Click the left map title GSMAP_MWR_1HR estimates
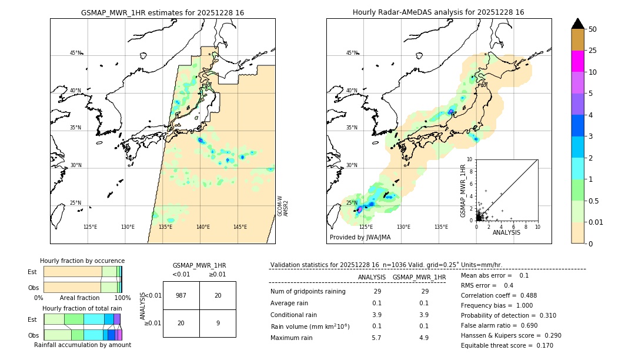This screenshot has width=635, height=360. pos(162,12)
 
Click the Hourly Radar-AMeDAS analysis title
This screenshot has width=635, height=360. pos(438,12)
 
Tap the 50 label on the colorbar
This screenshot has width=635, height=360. pos(593,29)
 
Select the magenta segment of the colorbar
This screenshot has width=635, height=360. pos(577,61)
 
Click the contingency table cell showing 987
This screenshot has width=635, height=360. pos(181,295)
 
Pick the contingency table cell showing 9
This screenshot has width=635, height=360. pos(218,323)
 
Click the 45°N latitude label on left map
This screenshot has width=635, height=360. pos(75,53)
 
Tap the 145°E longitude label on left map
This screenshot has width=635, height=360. pos(240,227)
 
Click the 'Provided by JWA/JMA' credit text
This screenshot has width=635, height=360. pos(360,238)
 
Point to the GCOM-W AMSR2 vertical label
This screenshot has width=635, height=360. pos(283,206)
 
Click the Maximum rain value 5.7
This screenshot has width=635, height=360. pos(377,338)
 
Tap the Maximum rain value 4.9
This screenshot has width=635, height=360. pos(423,338)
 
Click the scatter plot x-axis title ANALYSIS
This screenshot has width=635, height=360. pos(506,232)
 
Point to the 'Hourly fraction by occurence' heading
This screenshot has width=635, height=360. pos(82,261)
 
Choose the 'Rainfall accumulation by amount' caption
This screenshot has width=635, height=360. pos(82,345)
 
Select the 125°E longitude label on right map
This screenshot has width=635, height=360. pos(366,227)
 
